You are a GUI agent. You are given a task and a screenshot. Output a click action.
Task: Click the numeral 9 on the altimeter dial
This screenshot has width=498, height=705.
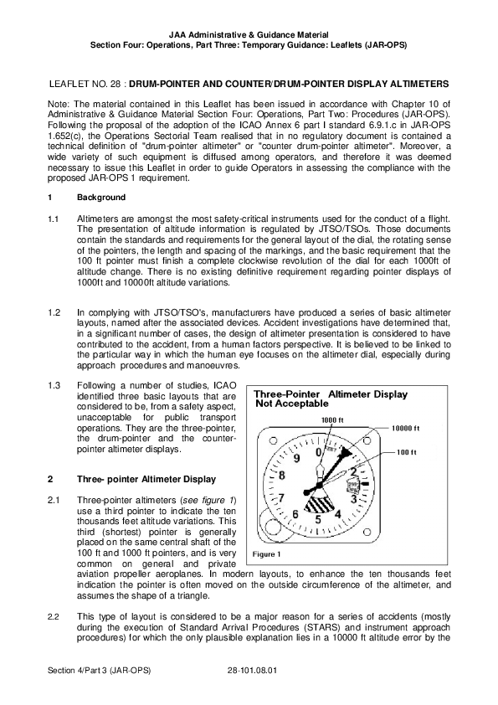click(296, 459)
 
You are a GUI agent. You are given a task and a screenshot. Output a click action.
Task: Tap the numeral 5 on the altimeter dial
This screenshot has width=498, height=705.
click(318, 520)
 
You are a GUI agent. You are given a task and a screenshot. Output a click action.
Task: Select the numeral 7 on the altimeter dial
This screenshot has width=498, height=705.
click(282, 498)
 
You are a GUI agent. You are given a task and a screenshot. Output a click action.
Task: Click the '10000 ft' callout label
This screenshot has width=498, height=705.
click(405, 429)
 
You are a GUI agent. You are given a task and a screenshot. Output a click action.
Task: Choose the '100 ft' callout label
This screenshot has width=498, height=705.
click(407, 452)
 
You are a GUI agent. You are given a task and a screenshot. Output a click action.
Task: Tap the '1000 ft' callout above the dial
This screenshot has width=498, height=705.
click(332, 420)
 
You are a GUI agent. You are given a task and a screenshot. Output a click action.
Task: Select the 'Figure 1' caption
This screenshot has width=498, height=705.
click(266, 554)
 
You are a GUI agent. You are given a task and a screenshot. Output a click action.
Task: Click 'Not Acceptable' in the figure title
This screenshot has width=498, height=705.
click(292, 404)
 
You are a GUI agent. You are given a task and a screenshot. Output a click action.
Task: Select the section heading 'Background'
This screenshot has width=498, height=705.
click(101, 198)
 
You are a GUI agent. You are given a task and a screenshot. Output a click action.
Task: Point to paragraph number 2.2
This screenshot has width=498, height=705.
click(54, 617)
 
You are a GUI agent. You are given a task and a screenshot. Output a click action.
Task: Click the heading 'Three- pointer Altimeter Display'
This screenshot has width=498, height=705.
click(146, 479)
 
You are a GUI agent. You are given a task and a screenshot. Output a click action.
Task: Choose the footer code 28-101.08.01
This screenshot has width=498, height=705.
click(252, 671)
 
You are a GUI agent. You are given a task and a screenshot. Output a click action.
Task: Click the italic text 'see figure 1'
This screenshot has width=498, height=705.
click(208, 501)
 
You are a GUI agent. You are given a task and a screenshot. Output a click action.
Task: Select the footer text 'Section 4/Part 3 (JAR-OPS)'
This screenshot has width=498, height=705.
click(100, 671)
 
